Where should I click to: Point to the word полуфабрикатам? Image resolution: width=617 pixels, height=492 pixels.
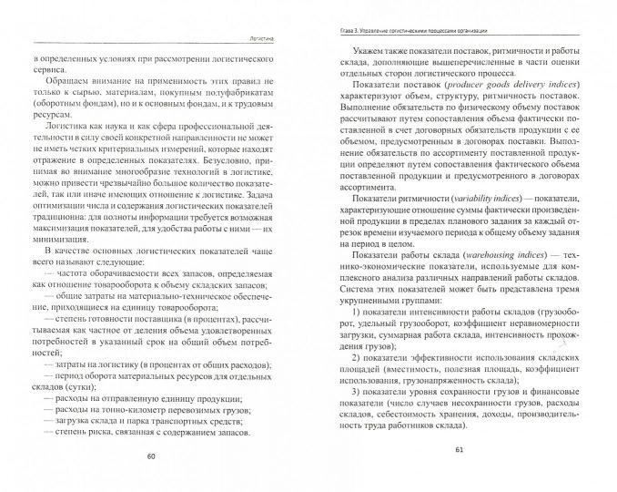tap(234, 108)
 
